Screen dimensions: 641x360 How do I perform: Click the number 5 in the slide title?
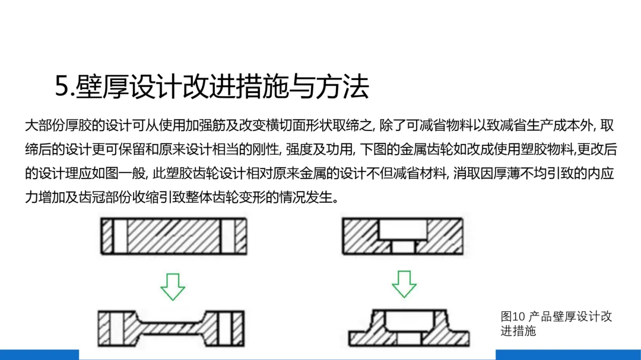pos(62,87)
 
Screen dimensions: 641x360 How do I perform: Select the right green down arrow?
pos(404,283)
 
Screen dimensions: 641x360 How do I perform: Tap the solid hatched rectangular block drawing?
pos(173,237)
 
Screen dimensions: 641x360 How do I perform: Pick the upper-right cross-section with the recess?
pos(403,236)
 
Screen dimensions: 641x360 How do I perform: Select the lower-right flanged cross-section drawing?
pos(408,328)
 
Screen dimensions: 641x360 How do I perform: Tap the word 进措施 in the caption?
pos(518,330)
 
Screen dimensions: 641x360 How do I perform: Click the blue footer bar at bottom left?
pos(39,355)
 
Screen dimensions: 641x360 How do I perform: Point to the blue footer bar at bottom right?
pos(568,355)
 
